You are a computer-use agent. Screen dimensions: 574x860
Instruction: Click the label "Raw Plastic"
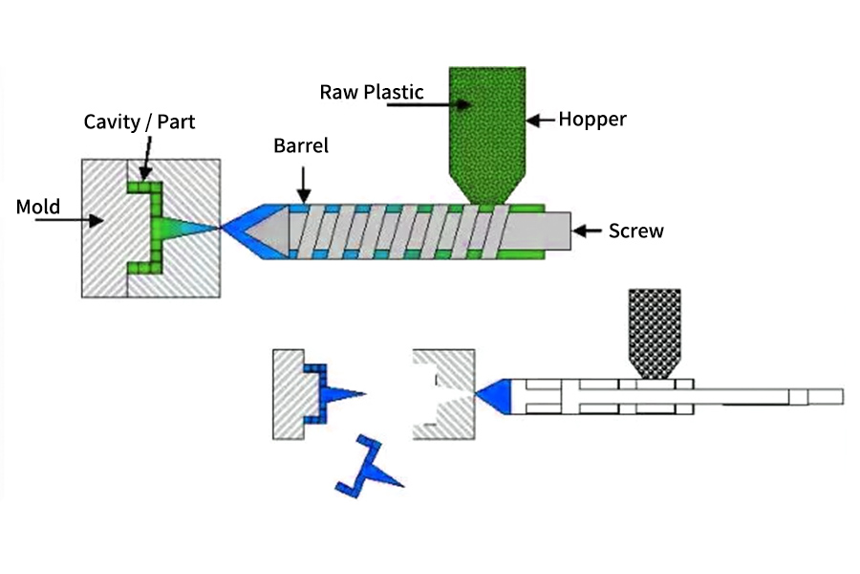coord(371,92)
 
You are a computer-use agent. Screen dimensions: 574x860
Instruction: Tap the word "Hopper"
coord(591,120)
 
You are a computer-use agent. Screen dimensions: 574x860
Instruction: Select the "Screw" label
coord(635,231)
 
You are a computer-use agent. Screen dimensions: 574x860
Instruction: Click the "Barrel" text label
coord(301,146)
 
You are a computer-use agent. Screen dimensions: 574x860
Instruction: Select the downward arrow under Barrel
coord(302,181)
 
